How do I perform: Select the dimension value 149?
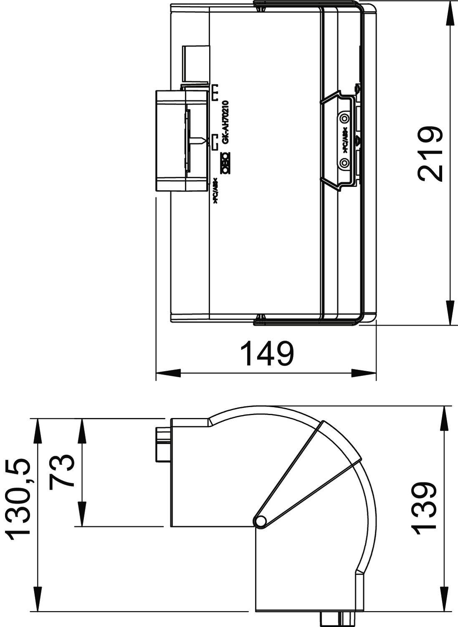(268, 354)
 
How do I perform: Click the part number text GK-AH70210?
(225, 122)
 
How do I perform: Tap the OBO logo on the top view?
(225, 163)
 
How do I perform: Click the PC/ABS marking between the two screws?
(345, 140)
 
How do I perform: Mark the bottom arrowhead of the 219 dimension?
(450, 314)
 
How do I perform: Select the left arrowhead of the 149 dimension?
(165, 373)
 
